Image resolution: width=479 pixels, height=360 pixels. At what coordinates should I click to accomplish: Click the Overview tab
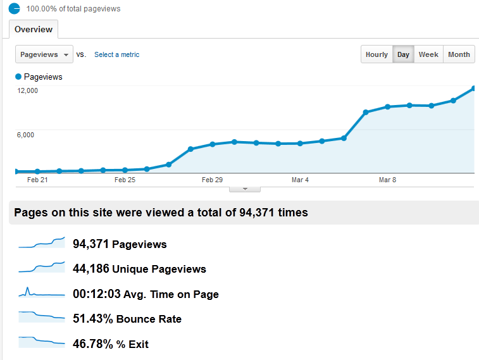click(34, 29)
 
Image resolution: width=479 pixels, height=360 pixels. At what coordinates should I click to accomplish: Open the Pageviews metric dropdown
click(44, 54)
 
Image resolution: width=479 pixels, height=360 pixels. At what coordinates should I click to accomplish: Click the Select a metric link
click(116, 54)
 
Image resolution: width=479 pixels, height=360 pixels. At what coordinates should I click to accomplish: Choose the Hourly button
click(376, 54)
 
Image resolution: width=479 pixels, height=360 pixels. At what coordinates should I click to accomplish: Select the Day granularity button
click(403, 54)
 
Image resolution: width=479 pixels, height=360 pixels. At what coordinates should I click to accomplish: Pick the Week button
click(428, 54)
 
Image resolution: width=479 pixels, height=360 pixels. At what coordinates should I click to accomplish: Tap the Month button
click(459, 54)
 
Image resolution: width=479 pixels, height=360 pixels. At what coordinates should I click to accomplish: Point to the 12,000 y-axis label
click(28, 90)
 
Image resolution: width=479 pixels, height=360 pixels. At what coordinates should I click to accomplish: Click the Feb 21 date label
click(38, 180)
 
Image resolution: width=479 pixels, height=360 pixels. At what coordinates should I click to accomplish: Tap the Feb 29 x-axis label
click(212, 180)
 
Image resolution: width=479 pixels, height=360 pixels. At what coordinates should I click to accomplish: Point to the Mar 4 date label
click(300, 180)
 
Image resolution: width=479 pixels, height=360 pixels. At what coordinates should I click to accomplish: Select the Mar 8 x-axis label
click(387, 180)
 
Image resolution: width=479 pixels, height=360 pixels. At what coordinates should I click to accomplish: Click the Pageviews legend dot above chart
click(18, 77)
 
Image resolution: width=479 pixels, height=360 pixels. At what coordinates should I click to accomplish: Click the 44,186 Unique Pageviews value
click(91, 269)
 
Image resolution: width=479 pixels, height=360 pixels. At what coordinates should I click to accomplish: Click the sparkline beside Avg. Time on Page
click(42, 294)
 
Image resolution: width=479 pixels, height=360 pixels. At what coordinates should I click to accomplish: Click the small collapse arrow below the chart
click(244, 189)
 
